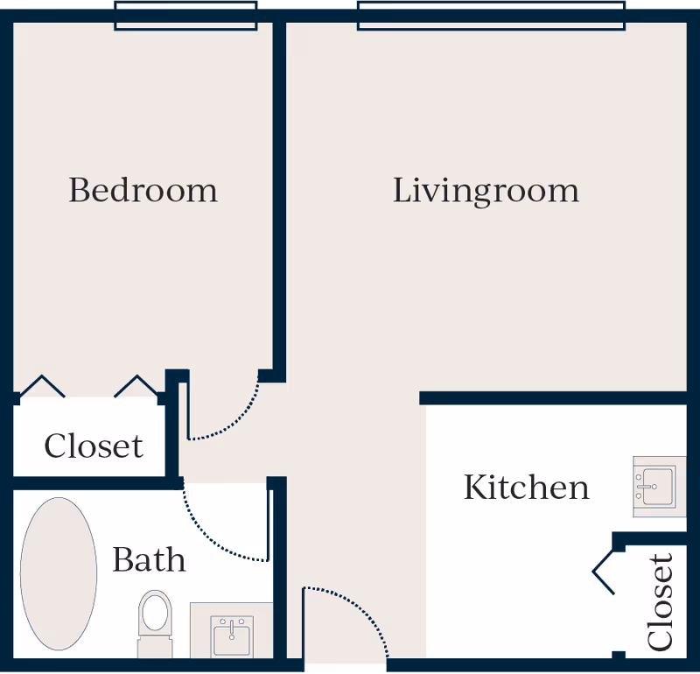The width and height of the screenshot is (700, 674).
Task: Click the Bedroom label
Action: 143,190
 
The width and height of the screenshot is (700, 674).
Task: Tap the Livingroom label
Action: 486,190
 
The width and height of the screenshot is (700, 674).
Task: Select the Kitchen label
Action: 526,487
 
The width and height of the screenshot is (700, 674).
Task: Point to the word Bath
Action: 149,559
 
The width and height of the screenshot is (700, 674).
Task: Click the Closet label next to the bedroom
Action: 94,446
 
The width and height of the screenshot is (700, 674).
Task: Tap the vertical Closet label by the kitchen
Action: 661,601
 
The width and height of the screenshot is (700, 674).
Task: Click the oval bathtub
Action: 59,573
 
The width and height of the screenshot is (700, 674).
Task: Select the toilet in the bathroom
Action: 155,618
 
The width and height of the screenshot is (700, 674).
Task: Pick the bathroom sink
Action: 232,635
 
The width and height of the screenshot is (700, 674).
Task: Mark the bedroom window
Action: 185,16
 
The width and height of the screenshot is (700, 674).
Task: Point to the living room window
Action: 492,16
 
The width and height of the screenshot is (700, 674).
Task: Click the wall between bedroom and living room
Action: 280,193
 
